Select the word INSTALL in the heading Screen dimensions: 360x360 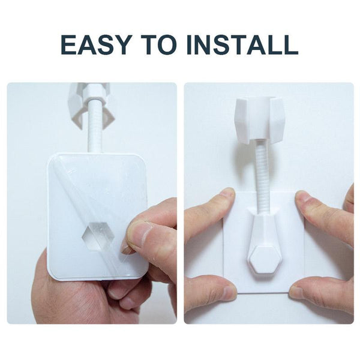click(242, 45)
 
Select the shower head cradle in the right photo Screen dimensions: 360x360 click(260, 120)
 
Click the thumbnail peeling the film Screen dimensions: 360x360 click(127, 249)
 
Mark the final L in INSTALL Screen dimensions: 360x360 click(290, 45)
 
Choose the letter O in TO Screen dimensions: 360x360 click(168, 45)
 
